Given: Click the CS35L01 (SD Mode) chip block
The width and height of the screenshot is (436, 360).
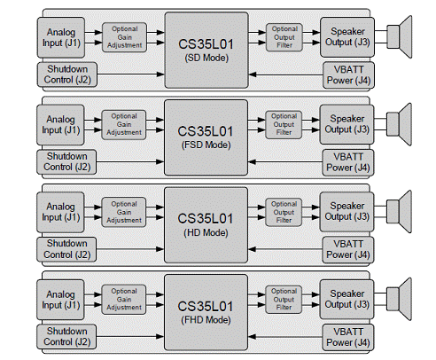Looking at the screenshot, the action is [x=206, y=50].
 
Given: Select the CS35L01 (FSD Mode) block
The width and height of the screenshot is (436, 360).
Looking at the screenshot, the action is [x=206, y=137].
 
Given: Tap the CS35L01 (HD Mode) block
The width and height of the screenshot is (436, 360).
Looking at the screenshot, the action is [x=206, y=225].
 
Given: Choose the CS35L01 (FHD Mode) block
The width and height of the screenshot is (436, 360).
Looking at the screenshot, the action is [x=206, y=312].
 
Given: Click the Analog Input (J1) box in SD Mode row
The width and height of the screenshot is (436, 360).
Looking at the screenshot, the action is [x=61, y=37].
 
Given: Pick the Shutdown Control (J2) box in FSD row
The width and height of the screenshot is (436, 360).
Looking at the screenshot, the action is [x=66, y=162].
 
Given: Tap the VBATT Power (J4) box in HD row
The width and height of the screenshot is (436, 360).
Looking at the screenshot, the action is [x=348, y=250].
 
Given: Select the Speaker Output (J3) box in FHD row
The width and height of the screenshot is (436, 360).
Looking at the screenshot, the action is [x=346, y=299].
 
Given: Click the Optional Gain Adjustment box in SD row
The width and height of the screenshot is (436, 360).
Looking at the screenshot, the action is [x=124, y=37].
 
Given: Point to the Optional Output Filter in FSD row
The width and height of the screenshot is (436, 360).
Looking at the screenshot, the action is [x=284, y=124].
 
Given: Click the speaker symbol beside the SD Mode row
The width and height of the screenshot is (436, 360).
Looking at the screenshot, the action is [x=399, y=37].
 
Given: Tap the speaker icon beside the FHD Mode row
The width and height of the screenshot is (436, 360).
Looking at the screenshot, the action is [x=399, y=299].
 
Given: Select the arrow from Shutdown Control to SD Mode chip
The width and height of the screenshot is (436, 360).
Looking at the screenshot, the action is [x=130, y=74].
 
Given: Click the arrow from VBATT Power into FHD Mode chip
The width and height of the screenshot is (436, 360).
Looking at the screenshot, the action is [x=285, y=337].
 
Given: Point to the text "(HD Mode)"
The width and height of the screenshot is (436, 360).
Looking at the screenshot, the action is [x=206, y=233].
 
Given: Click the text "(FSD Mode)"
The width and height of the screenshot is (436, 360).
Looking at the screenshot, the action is [x=206, y=145].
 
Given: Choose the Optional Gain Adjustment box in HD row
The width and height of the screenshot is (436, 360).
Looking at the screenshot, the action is [x=124, y=212].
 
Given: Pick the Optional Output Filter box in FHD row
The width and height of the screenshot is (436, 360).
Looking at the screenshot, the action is [x=284, y=300].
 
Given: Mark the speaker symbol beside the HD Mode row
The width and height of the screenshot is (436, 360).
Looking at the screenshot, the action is [x=399, y=212].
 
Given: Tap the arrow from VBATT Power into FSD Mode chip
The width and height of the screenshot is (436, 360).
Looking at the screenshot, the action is [x=285, y=161].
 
